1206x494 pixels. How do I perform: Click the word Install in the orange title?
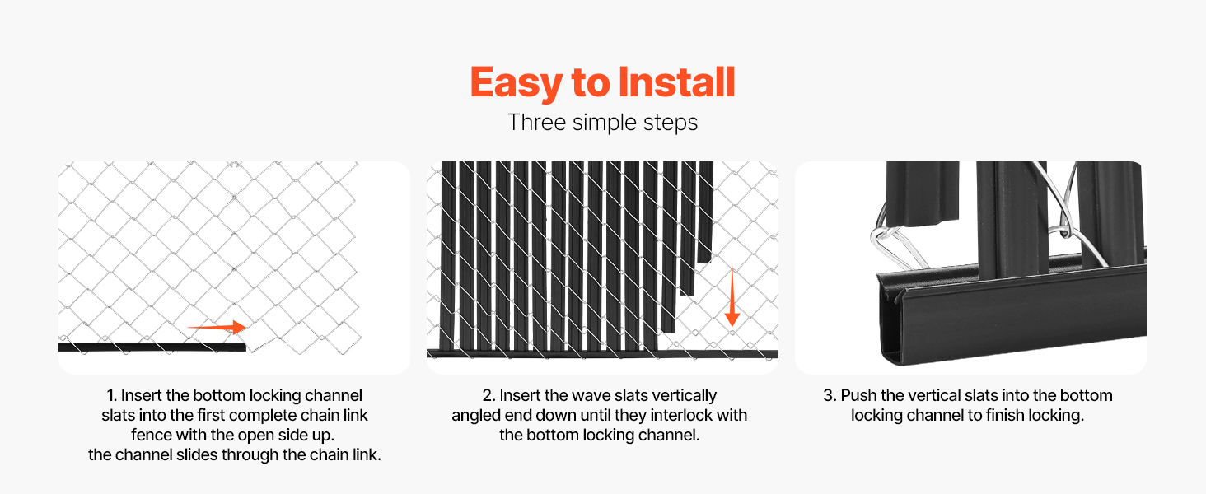pyautogui.click(x=677, y=82)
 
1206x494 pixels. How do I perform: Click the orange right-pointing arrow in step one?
pyautogui.click(x=217, y=327)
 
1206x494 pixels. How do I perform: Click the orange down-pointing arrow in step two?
pyautogui.click(x=732, y=297)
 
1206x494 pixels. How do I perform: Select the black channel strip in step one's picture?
pyautogui.click(x=152, y=347)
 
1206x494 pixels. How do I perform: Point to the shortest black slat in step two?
pyautogui.click(x=705, y=212)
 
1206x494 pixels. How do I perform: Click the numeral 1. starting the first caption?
pyautogui.click(x=112, y=395)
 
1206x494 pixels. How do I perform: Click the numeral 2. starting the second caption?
pyautogui.click(x=488, y=395)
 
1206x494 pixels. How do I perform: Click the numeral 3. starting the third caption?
pyautogui.click(x=830, y=395)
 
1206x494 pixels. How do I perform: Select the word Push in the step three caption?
pyautogui.click(x=858, y=395)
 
